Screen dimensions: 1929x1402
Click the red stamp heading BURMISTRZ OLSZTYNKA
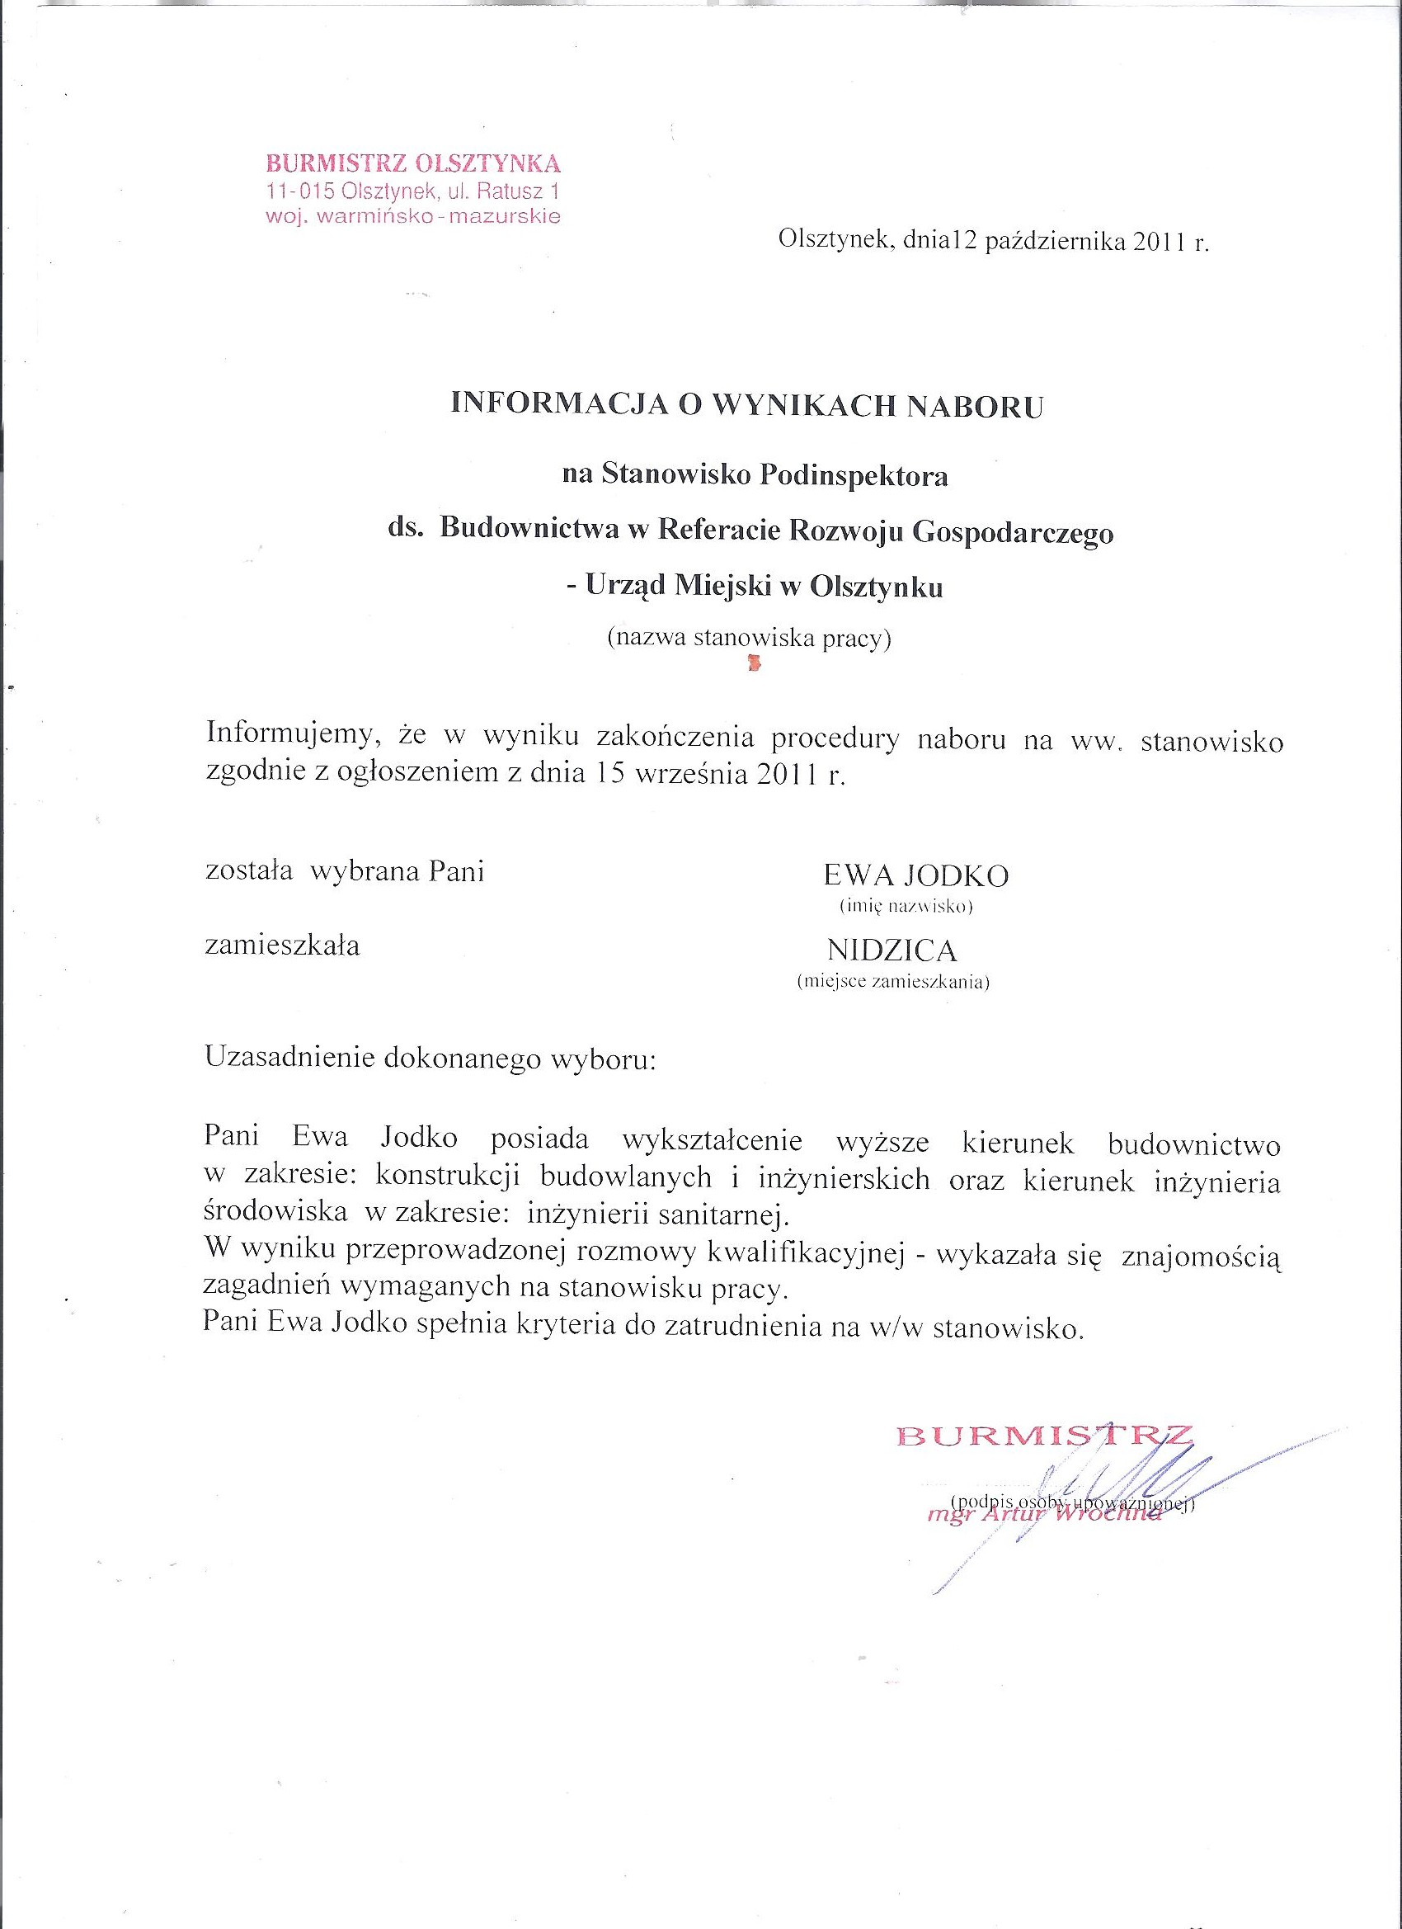[413, 163]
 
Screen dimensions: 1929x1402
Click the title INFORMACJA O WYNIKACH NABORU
[746, 405]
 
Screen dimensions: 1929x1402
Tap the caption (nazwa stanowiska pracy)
[748, 638]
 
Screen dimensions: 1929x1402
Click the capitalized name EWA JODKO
[915, 875]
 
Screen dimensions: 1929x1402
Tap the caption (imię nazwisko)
[906, 907]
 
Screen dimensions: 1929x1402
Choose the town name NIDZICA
[892, 949]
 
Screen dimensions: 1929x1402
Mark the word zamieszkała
[282, 945]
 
